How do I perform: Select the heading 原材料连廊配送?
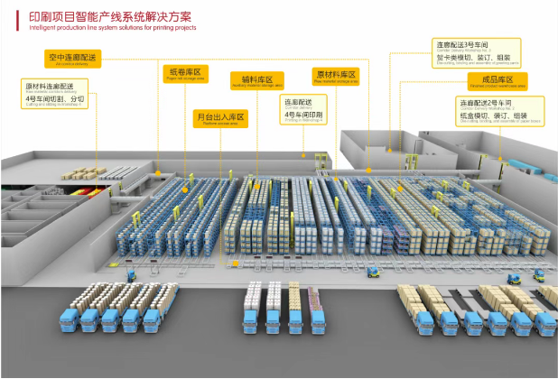point(49,86)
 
